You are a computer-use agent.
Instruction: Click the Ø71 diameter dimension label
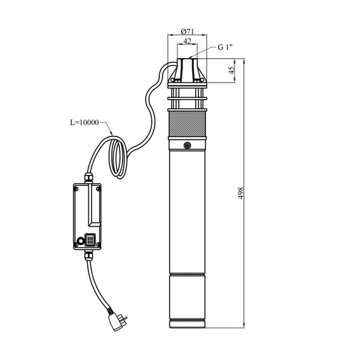click(188, 31)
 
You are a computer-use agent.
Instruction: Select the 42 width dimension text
click(188, 41)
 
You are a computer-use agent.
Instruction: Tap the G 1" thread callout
click(225, 47)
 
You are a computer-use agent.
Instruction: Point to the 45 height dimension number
click(232, 70)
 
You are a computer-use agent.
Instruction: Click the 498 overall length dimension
click(241, 193)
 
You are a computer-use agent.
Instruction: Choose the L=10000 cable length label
click(84, 123)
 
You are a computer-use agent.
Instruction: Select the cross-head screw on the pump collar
click(188, 145)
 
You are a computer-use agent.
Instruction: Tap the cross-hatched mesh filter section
click(188, 124)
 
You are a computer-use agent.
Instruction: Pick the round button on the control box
click(81, 241)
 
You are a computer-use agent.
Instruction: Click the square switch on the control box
click(90, 240)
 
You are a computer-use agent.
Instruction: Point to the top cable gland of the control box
click(89, 177)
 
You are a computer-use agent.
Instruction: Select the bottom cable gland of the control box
click(88, 256)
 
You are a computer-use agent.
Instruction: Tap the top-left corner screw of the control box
click(76, 189)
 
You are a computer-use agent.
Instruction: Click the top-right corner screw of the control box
click(99, 189)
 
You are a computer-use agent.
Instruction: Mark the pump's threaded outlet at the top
click(188, 69)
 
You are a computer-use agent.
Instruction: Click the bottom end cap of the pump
click(188, 324)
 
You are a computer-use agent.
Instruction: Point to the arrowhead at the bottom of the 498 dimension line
click(244, 325)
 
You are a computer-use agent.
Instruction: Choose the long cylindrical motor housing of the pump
click(188, 211)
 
